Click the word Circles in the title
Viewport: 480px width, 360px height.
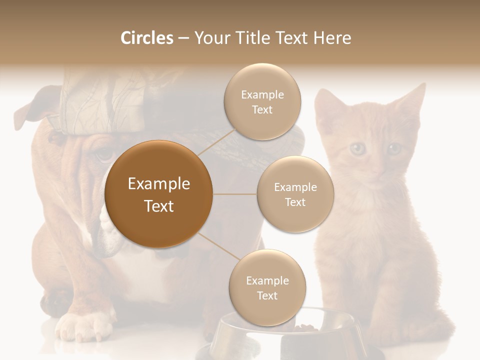146,38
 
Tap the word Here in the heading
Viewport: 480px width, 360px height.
332,38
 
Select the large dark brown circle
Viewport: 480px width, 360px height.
158,194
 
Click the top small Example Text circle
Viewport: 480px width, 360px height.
262,102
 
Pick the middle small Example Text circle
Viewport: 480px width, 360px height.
295,194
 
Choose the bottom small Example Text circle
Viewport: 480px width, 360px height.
267,287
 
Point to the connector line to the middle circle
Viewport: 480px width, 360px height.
235,194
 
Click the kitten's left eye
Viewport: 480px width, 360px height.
357,148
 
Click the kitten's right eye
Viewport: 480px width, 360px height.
394,148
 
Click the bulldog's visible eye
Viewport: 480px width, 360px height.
104,154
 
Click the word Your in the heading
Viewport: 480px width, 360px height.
212,38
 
